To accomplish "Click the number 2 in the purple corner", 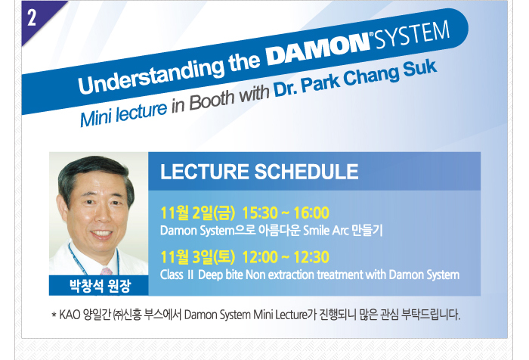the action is [x=32, y=17].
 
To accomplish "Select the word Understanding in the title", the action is [x=151, y=75].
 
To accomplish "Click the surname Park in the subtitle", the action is [x=320, y=83].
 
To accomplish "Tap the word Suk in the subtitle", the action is [x=420, y=68].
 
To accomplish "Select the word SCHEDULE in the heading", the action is [x=306, y=172].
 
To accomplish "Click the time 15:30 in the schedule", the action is [x=260, y=213].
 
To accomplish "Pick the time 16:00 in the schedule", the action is [x=311, y=213].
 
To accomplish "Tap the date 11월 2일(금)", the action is [x=197, y=213].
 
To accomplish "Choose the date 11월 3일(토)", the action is [x=197, y=257].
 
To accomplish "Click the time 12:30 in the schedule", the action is [x=311, y=257].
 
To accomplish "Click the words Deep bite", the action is [x=221, y=275].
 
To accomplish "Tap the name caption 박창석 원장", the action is [x=100, y=286].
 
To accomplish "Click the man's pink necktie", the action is [x=107, y=272].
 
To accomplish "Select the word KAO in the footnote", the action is [x=70, y=315].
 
